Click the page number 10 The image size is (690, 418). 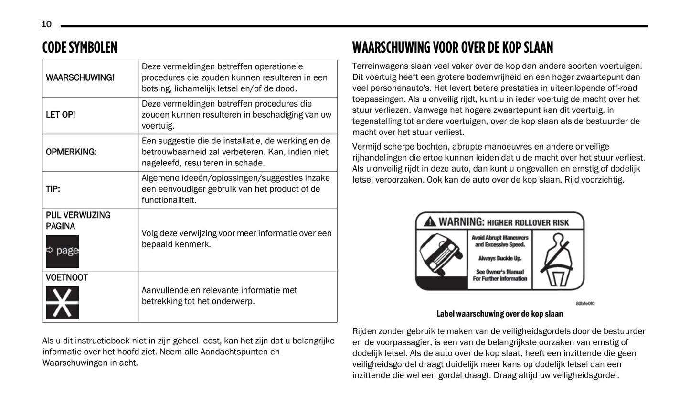pos(46,24)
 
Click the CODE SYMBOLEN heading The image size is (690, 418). pos(79,48)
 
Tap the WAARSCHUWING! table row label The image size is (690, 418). pos(80,77)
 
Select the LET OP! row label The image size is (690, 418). pos(60,115)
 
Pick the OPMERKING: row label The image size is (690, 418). pos(71,152)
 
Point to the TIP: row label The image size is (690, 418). pos(53,189)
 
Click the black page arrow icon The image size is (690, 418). pos(62,251)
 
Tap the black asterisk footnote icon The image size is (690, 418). pos(62,303)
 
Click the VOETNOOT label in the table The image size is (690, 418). pos(67,278)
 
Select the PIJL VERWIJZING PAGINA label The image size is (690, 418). pos(78,220)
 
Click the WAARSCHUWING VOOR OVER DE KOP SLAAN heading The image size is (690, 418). pos(452,48)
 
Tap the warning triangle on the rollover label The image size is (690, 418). pos(430,222)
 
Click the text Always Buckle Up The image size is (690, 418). pos(500,258)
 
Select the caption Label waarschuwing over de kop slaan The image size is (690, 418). pos(499,314)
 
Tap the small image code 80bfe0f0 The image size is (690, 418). pos(585,303)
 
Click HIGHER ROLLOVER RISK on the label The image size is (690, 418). pos(528,222)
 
